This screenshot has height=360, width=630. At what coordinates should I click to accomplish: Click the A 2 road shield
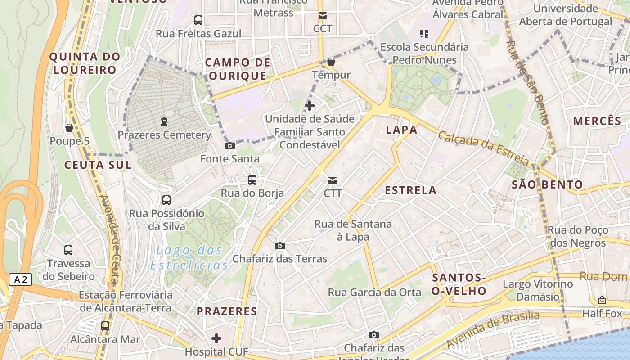21,279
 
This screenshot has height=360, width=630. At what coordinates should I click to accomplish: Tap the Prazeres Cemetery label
164,135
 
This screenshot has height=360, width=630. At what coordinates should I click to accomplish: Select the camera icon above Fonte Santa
229,145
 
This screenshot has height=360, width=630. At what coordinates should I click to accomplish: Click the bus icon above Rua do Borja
252,180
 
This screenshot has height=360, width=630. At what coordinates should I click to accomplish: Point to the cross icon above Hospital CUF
216,338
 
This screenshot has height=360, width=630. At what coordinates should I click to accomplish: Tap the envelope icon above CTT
333,180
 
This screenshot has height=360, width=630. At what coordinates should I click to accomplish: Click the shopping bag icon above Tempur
331,62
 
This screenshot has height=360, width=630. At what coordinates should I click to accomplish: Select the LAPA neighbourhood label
401,130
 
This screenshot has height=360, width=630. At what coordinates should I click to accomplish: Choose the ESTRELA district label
410,190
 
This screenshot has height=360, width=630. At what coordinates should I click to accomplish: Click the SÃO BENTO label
547,184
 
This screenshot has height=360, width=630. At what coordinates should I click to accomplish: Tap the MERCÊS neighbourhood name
597,121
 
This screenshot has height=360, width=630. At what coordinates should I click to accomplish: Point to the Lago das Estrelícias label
189,257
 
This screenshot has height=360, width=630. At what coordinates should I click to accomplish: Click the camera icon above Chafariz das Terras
280,246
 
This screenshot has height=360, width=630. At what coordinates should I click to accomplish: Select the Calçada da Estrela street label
484,148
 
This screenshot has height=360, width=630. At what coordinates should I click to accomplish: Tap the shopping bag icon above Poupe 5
69,128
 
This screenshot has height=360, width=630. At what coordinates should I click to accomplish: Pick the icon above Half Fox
602,300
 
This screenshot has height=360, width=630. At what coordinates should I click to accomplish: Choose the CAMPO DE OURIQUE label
238,69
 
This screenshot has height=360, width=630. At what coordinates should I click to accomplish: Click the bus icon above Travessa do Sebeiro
68,250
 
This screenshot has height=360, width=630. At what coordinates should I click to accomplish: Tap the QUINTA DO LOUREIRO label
85,63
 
